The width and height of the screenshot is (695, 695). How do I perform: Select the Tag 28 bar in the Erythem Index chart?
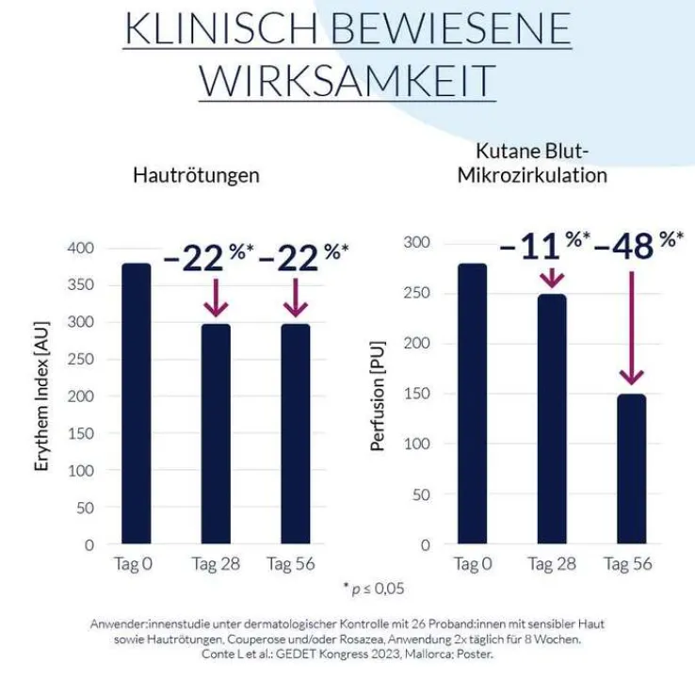click(x=215, y=433)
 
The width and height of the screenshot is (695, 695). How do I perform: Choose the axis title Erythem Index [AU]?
click(x=42, y=396)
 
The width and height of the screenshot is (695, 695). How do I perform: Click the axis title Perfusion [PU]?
click(x=378, y=395)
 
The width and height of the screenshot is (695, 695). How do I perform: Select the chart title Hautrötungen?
click(x=196, y=175)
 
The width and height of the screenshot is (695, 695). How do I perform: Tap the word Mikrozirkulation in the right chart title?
click(x=532, y=175)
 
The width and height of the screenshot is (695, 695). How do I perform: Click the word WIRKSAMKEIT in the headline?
click(x=347, y=80)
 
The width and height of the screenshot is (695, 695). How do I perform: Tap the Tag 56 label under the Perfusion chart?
click(x=627, y=565)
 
